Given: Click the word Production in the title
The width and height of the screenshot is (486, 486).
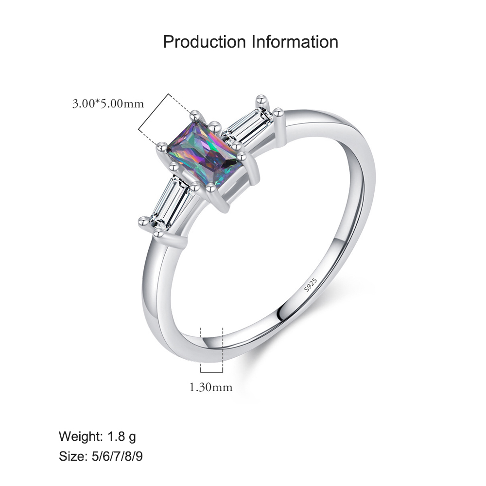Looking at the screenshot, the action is (x=204, y=41).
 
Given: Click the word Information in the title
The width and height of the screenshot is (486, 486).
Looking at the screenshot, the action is (x=295, y=41).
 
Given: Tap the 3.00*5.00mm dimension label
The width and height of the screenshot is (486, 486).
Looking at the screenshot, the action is (x=108, y=104).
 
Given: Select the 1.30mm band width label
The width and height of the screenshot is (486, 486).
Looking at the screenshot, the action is (x=211, y=387).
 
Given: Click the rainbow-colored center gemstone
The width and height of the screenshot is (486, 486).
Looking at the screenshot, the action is (x=204, y=154).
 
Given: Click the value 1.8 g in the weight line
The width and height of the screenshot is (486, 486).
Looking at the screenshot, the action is (x=121, y=436).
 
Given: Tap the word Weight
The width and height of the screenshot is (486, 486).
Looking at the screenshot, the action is (x=81, y=436).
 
